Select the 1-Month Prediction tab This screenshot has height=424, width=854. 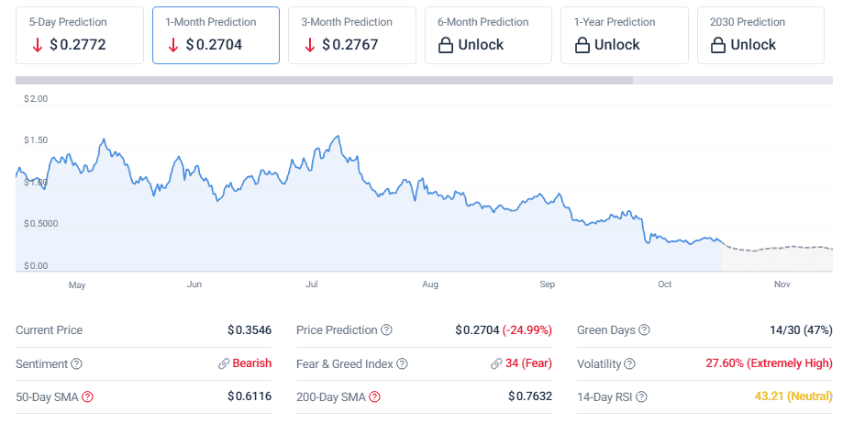tap(215, 35)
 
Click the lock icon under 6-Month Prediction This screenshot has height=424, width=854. tap(446, 45)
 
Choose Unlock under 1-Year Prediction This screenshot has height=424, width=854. tap(616, 44)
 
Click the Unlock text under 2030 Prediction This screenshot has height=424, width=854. tap(753, 44)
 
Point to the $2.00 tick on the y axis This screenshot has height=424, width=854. tap(36, 98)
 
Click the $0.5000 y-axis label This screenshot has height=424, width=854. tap(40, 224)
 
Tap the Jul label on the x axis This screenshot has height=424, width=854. tap(312, 285)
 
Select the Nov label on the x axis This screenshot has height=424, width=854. tap(782, 285)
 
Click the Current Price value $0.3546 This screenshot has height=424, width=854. tap(250, 330)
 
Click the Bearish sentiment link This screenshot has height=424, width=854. tap(251, 363)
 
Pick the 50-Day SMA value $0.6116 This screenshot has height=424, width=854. tap(250, 396)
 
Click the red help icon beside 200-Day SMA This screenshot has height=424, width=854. tap(374, 396)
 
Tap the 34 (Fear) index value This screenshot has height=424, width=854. tap(528, 363)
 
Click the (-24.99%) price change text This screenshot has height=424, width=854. tap(527, 330)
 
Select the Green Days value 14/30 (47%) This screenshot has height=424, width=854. tap(801, 330)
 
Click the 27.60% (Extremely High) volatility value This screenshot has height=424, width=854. tap(769, 363)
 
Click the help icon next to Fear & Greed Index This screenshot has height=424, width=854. tap(402, 363)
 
